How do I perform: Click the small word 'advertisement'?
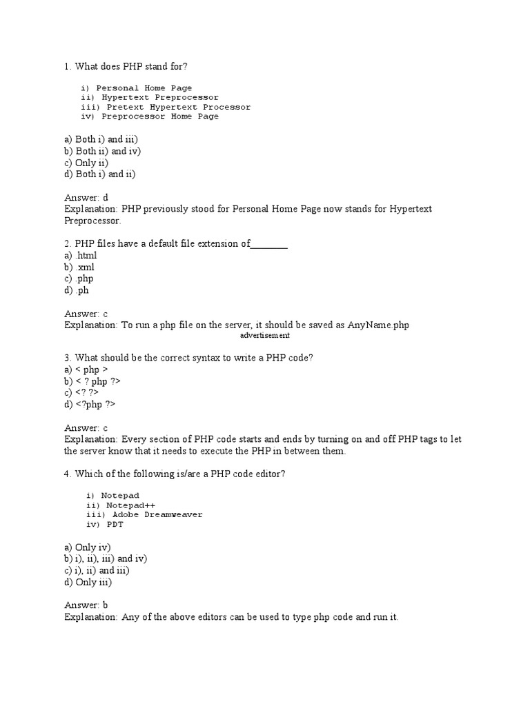coord(265,336)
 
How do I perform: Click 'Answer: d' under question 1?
coord(86,197)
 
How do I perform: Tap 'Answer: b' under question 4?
coord(86,605)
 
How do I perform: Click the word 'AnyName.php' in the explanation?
coord(378,325)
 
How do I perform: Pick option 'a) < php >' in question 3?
coord(86,370)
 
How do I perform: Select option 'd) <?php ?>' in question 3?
coord(90,405)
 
